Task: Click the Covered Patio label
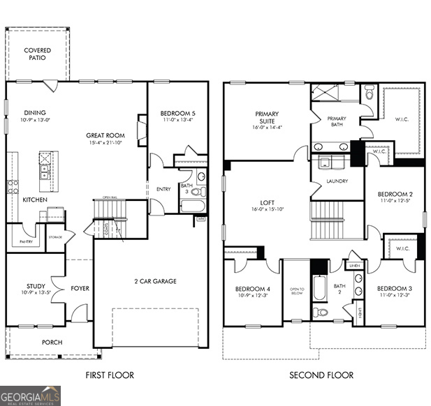pos(37,54)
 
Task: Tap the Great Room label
pos(105,135)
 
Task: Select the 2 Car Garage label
pos(155,281)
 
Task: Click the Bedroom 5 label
pos(177,113)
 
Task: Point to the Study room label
pos(36,285)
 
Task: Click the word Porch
pos(52,342)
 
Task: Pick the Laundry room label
pos(337,181)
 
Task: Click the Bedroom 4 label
pos(251,288)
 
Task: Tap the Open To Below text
pos(297,291)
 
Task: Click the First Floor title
pos(110,375)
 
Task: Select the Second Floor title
pos(321,375)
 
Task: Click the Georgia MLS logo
pos(31,395)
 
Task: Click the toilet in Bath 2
pos(321,311)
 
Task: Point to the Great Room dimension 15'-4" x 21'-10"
pos(105,143)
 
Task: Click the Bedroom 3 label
pos(394,288)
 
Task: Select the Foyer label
pos(80,287)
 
